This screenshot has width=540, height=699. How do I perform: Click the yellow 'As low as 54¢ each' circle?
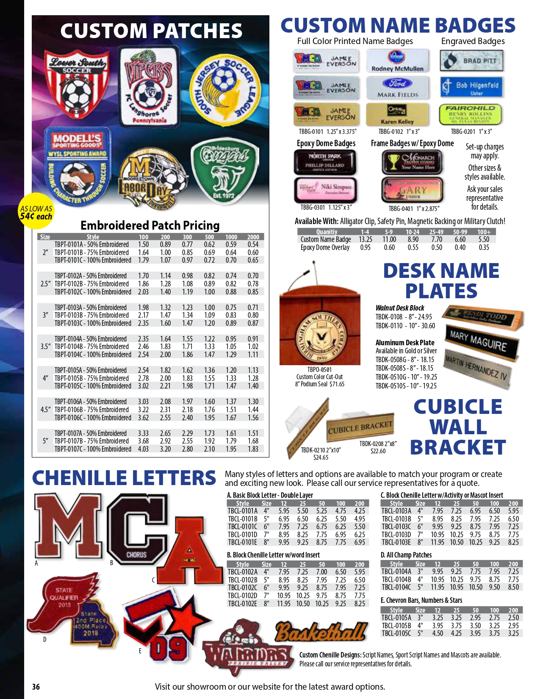point(36,211)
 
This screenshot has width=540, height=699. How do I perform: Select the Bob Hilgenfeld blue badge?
point(471,87)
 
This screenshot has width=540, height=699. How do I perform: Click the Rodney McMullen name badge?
point(397,61)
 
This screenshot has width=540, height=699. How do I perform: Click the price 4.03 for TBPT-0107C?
point(143,449)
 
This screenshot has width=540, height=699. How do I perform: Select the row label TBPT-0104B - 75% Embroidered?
point(91,347)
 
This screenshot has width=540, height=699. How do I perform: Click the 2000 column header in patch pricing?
point(253,237)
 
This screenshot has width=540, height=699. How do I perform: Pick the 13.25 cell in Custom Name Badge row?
point(365,239)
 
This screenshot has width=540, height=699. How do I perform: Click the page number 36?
point(36,687)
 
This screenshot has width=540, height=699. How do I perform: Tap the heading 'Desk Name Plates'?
point(441,281)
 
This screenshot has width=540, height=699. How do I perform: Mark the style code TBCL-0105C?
point(396,633)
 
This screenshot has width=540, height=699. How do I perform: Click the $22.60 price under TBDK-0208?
point(378,451)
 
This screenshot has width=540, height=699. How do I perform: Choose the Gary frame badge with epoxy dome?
point(412,190)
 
